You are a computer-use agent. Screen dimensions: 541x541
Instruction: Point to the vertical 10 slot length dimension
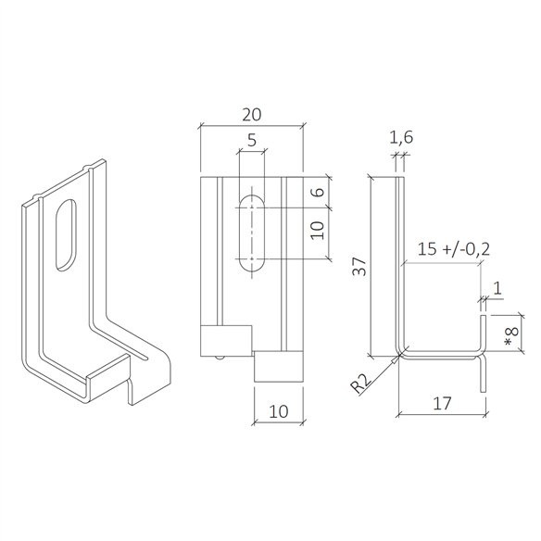coord(318,232)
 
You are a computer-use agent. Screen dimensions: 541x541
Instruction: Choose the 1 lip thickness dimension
coord(497,288)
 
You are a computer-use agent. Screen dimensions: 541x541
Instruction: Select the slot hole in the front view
coord(251,232)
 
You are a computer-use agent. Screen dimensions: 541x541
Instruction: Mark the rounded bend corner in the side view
coord(401,351)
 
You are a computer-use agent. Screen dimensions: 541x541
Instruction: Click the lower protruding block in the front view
coord(278,367)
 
